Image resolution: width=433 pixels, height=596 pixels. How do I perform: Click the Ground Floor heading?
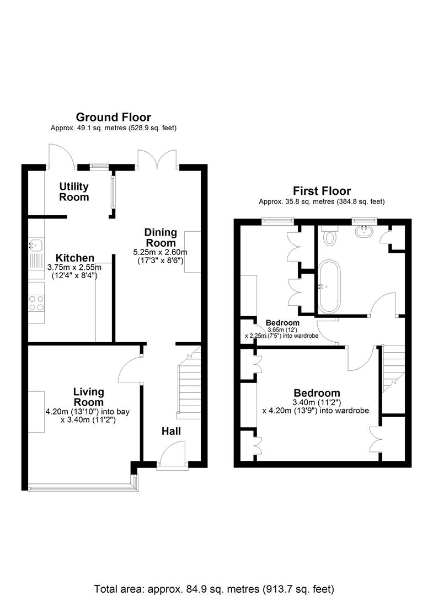[113, 117]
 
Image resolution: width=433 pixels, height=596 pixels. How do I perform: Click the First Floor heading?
[322, 191]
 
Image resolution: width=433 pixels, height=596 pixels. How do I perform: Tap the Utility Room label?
[74, 192]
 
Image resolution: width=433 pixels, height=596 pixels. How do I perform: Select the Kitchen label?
[75, 258]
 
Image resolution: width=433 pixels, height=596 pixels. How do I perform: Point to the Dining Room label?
[161, 237]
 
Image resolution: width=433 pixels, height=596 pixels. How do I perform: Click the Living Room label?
[88, 397]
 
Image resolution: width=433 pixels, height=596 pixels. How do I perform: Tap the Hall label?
[171, 431]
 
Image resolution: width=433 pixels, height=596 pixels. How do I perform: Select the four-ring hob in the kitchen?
[36, 302]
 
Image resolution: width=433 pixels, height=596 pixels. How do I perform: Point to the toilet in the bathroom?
[330, 236]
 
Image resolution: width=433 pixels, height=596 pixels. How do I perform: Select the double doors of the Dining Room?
[158, 158]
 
